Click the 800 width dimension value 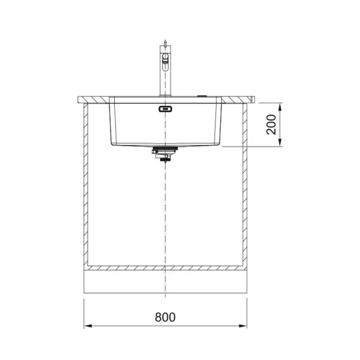(165, 317)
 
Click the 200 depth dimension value (271, 124)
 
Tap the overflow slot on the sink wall (165, 109)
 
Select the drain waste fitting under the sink (165, 154)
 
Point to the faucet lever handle (165, 63)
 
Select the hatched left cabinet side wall (85, 183)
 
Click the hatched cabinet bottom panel (165, 268)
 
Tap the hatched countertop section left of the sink (94, 100)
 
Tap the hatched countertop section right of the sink (238, 100)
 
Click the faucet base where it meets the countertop (165, 95)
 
